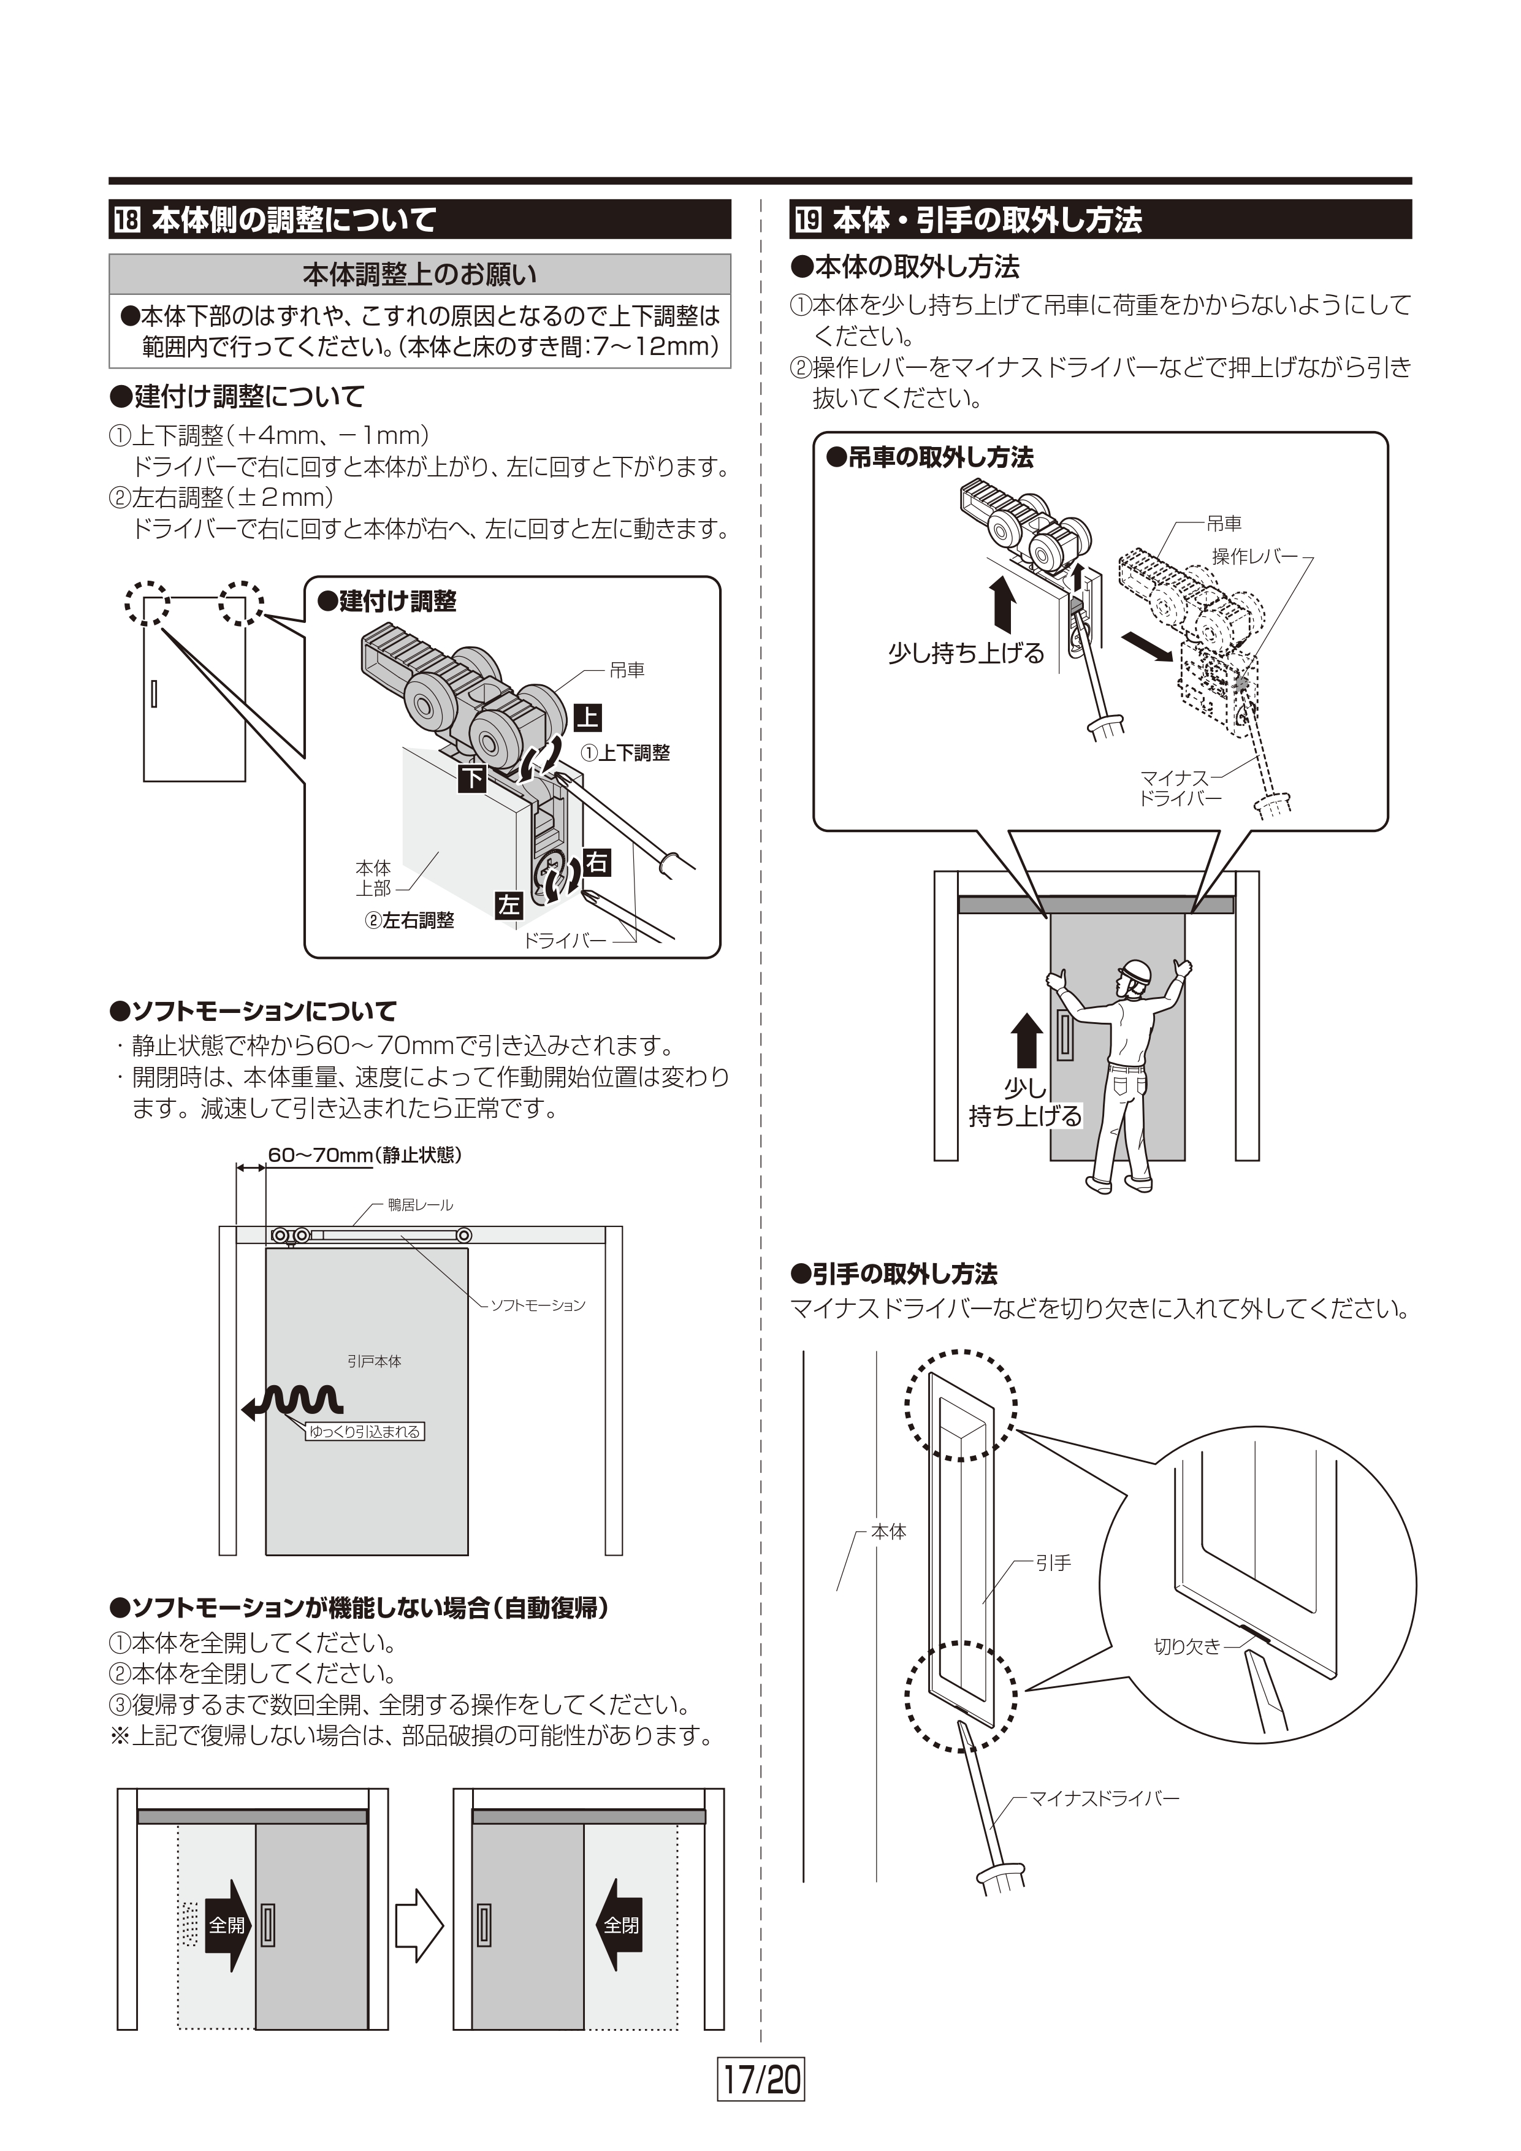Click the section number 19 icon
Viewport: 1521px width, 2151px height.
(808, 221)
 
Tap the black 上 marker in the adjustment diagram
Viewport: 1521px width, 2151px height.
(587, 717)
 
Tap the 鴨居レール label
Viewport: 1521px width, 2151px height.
(421, 1205)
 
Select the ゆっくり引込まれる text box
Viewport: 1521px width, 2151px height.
(365, 1432)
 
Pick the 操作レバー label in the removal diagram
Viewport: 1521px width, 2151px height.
(1255, 557)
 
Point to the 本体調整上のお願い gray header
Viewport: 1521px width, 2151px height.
(419, 275)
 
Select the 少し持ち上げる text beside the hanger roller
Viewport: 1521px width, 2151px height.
(966, 653)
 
